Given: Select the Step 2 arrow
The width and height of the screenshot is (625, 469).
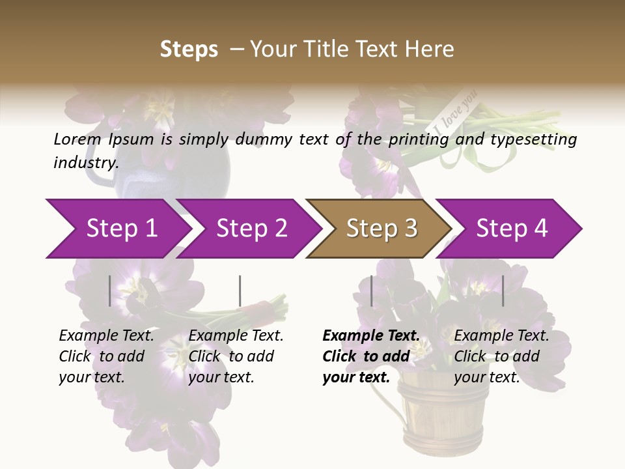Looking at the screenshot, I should [251, 229].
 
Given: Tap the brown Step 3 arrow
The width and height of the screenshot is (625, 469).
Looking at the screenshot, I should [380, 229].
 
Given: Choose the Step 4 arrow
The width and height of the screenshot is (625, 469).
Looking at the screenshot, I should [512, 229].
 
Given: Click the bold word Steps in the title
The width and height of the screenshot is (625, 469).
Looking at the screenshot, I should [189, 50].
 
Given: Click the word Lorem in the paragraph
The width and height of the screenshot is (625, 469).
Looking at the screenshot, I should [77, 139].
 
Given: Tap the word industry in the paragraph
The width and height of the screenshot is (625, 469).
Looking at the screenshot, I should [85, 162].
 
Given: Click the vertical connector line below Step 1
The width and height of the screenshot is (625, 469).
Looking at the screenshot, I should [109, 291].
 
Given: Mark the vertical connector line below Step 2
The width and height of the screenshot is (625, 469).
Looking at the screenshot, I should [240, 291].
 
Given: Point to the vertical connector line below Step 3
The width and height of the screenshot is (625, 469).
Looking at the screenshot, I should [371, 291].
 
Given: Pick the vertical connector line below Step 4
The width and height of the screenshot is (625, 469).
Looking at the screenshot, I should [503, 291].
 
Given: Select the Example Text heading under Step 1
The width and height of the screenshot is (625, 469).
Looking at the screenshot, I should [106, 336].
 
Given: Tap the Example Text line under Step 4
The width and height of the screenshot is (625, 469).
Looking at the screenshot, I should [501, 336].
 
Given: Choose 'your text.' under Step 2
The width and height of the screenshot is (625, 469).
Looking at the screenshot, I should [221, 377].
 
